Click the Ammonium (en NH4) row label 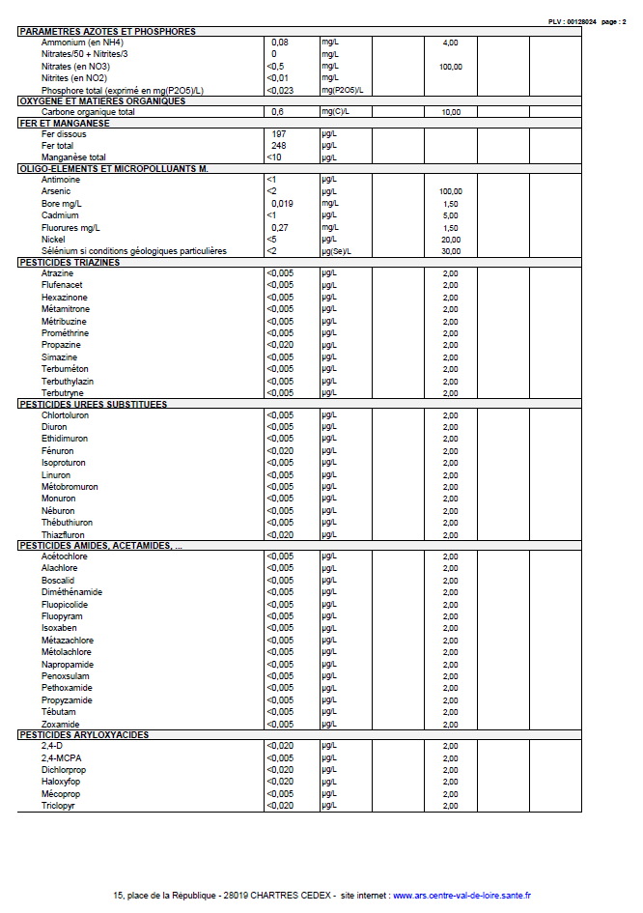coord(82,43)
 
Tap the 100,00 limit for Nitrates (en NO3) coord(450,67)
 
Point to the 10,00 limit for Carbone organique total coord(450,112)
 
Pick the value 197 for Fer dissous coord(279,134)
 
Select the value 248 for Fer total coord(279,146)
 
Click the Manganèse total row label coord(73,157)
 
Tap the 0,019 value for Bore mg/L coord(282,204)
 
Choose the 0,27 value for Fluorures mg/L coord(280,227)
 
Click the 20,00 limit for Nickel coord(450,240)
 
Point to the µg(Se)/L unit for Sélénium coord(337,251)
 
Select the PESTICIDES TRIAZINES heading coord(70,262)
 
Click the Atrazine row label coord(58,273)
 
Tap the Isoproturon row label coord(64,463)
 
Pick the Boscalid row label coord(58,581)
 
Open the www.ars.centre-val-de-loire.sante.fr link coord(461,896)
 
